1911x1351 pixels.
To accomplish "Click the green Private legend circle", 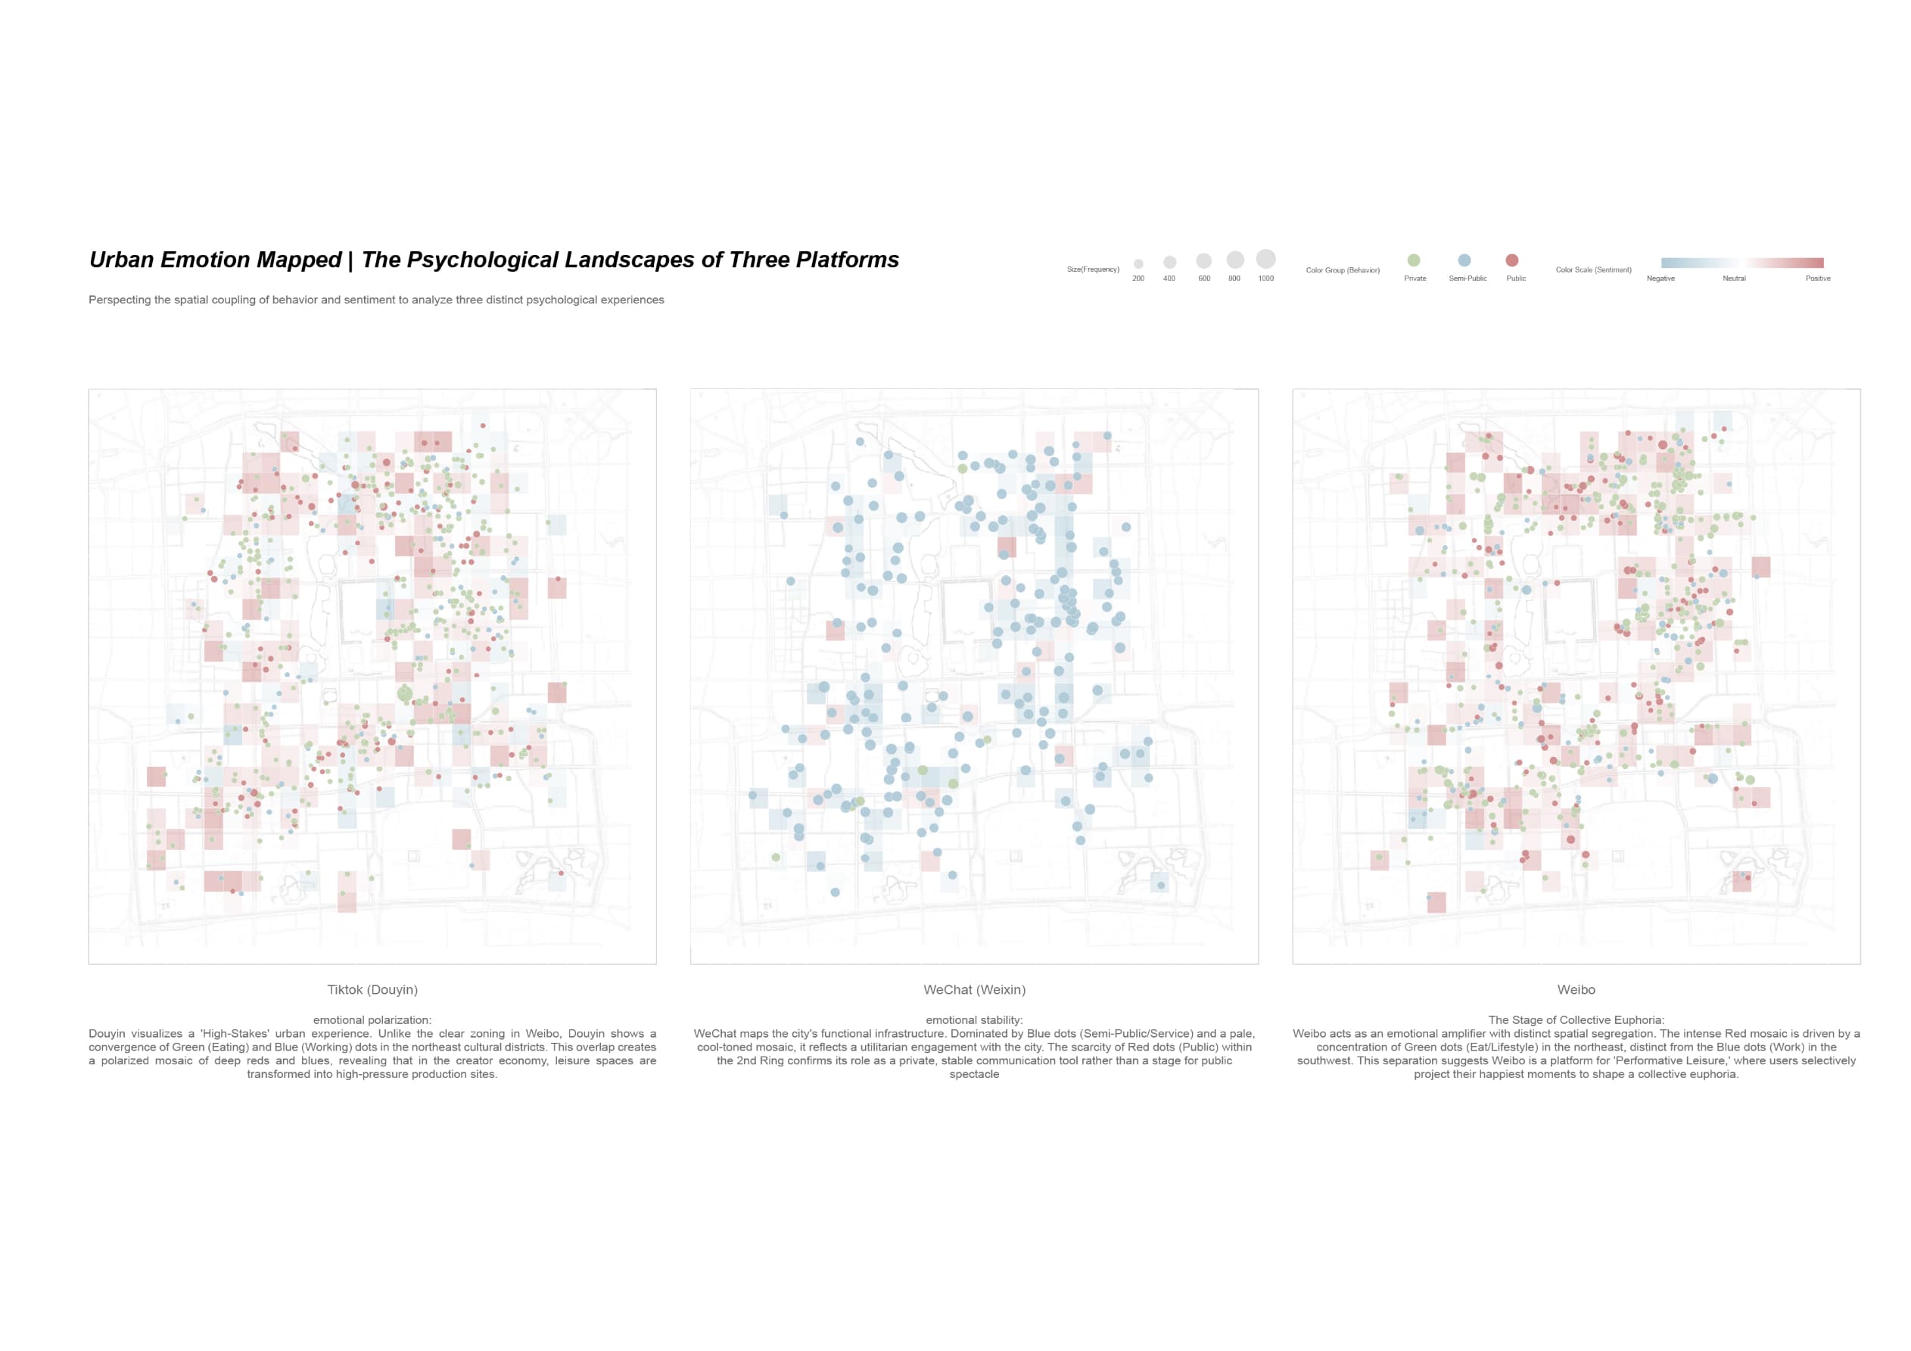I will [x=1413, y=260].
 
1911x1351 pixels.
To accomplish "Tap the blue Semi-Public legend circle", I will [x=1464, y=260].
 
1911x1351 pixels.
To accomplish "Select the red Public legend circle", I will [x=1512, y=260].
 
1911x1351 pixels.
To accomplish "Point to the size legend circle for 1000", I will [x=1265, y=259].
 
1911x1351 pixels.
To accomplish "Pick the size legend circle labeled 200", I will [x=1138, y=264].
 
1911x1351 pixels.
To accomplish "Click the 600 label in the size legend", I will [x=1203, y=279].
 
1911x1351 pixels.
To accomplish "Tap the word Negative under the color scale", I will [x=1660, y=279].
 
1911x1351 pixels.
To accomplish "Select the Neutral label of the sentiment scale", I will [x=1734, y=279].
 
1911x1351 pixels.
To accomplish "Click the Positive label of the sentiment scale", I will [x=1818, y=279].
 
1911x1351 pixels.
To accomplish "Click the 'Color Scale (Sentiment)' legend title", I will [x=1593, y=269].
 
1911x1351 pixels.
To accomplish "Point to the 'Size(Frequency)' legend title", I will [x=1093, y=269].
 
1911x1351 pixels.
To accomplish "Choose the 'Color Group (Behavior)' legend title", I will [x=1343, y=270].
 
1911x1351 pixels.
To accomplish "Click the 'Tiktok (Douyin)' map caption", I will [x=372, y=990].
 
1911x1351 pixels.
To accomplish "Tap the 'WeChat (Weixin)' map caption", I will [x=974, y=990].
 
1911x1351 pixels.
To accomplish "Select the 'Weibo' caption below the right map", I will [x=1576, y=990].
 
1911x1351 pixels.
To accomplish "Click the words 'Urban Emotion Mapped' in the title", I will [x=215, y=260].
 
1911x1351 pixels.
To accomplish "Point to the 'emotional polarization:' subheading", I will [x=372, y=1019].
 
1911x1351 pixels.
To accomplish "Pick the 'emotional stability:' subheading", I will [x=974, y=1019].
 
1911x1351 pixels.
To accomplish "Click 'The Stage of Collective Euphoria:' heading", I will [x=1576, y=1019].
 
